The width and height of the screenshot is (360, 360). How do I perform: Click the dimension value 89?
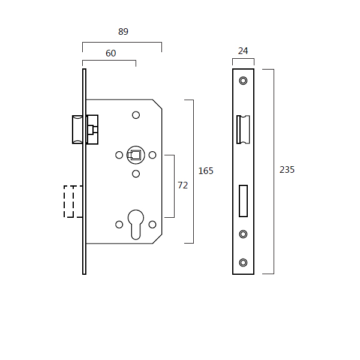coord(123,32)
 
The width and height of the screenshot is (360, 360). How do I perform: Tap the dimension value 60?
coord(110,53)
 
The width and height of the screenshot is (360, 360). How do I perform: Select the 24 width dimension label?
coord(243,51)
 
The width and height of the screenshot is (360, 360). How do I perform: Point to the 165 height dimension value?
coord(206,171)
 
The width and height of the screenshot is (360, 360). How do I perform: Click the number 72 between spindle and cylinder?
coord(183,185)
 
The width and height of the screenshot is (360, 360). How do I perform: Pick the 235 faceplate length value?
coord(287,170)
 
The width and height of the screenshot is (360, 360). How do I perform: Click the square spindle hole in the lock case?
coord(136,155)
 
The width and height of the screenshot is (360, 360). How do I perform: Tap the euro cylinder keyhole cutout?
coord(136,224)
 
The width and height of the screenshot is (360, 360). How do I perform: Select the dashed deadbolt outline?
coord(73,202)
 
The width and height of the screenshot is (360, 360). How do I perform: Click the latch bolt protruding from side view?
coord(77,130)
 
